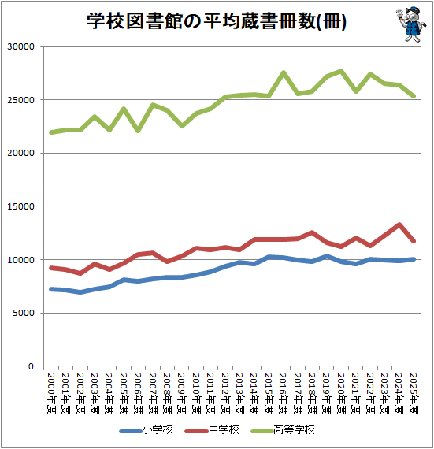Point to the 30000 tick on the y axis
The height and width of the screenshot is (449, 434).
point(21,46)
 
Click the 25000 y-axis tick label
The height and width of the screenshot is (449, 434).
point(21,100)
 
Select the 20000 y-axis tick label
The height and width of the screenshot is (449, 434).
point(21,153)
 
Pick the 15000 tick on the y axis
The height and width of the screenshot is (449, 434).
point(21,206)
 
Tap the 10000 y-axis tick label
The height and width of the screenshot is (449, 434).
point(21,259)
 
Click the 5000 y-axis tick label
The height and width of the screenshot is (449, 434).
point(24,313)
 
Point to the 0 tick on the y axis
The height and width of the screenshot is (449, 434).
point(32,366)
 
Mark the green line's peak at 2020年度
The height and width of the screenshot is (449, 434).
point(341,71)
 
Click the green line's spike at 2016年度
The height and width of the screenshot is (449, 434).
point(284,73)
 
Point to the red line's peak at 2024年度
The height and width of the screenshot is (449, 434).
point(399,224)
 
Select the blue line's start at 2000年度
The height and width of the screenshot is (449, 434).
point(52,289)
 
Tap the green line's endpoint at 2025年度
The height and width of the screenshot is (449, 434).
point(414,96)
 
